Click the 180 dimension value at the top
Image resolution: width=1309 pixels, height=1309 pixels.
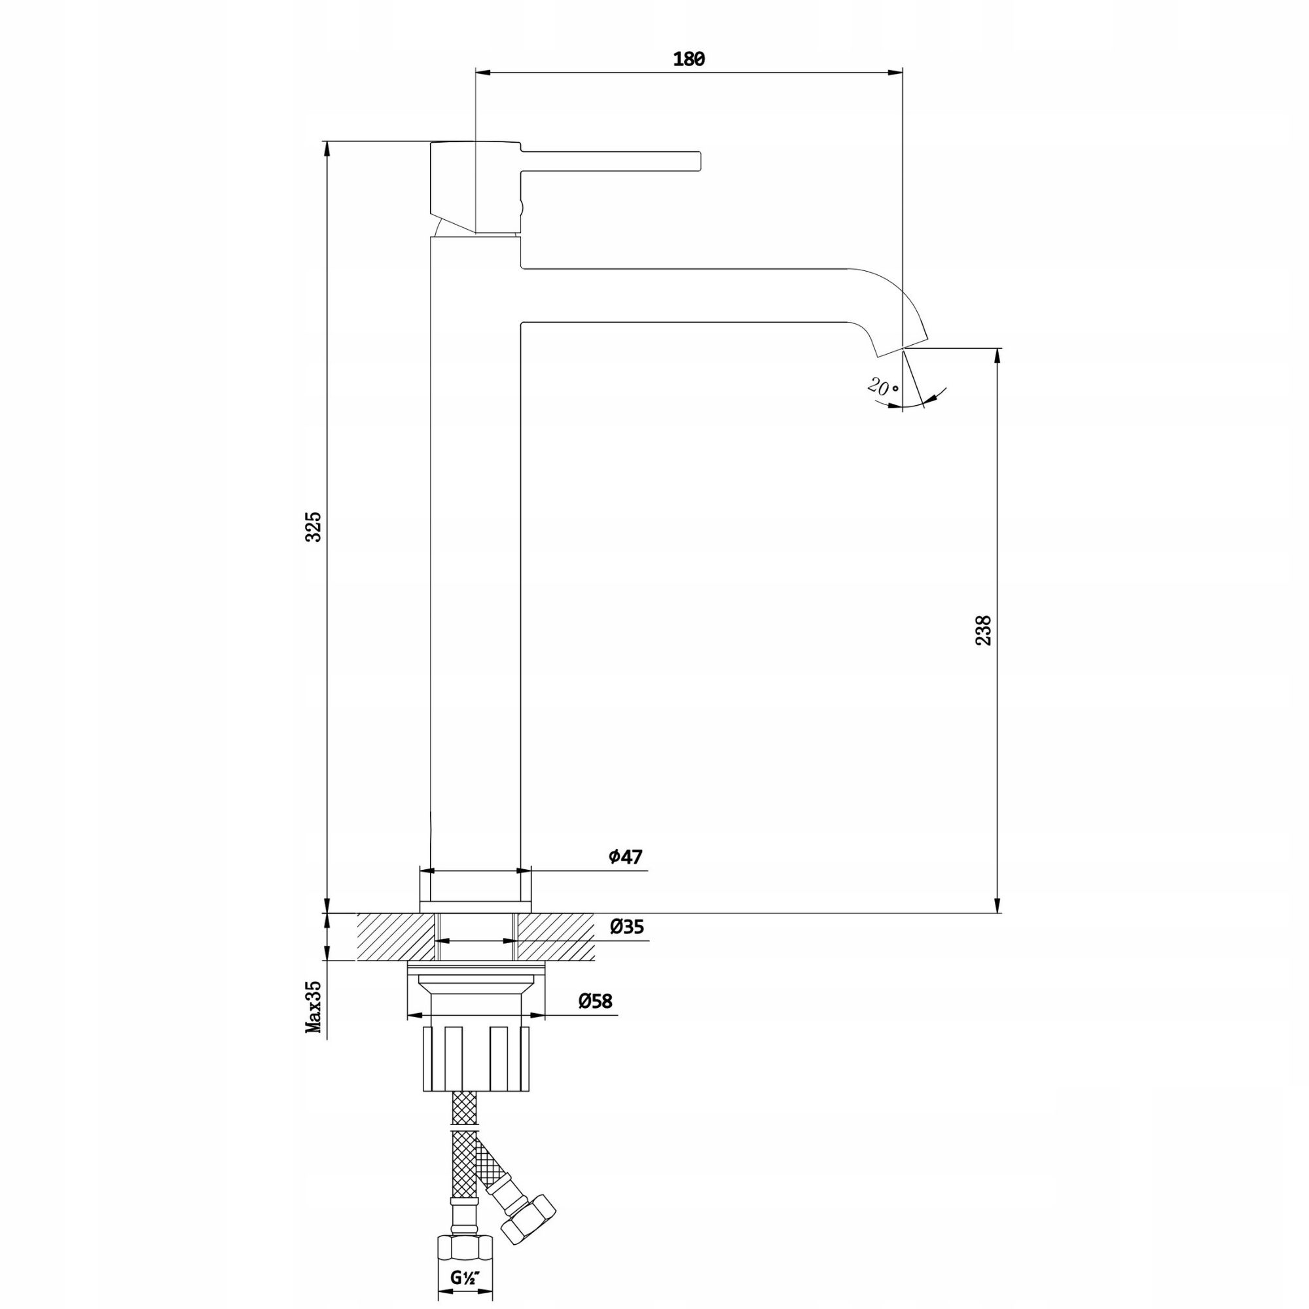point(689,60)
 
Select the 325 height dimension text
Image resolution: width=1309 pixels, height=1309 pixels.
point(314,526)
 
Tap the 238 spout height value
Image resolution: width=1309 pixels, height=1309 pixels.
point(983,630)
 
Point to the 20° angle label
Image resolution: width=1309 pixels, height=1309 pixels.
point(883,388)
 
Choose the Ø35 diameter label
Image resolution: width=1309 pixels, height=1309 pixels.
point(626,927)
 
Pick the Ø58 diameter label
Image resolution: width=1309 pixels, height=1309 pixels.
point(595,1001)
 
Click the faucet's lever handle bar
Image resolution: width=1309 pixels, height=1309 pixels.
point(610,160)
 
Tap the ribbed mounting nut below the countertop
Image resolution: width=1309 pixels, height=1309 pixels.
point(476,1057)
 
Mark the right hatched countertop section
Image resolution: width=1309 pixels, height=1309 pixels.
point(556,937)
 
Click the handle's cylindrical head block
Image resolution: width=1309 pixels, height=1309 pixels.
point(476,187)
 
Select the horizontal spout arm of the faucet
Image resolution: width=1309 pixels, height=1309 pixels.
point(685,295)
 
